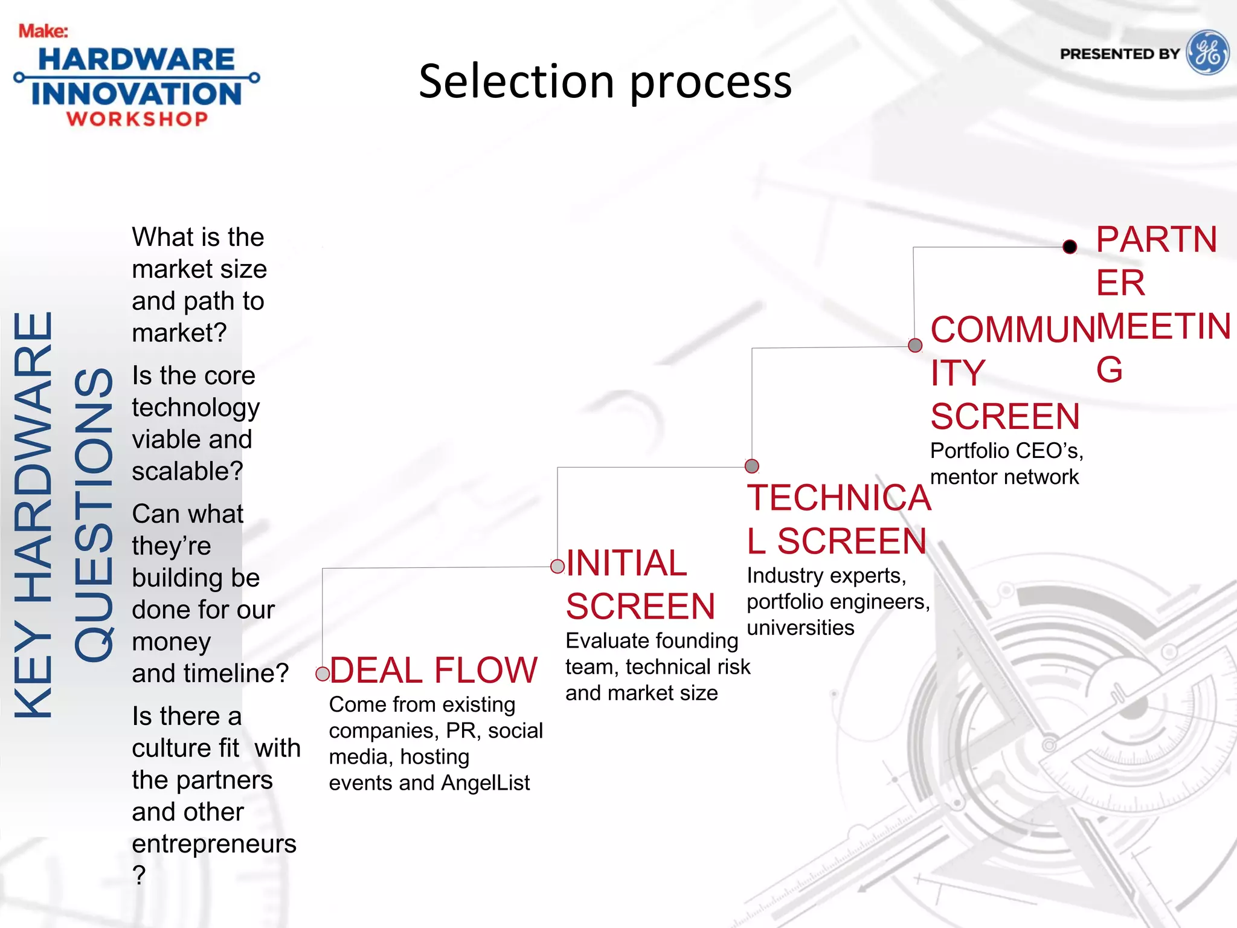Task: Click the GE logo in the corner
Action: pos(1207,53)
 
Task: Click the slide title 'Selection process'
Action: pos(605,82)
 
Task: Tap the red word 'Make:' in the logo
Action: pos(43,31)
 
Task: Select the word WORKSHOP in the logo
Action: pos(138,118)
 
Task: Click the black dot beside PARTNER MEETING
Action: pos(1070,246)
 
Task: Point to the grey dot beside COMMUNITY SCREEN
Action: pos(915,345)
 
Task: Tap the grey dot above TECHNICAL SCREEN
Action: pos(752,466)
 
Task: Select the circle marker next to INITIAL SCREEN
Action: pos(557,566)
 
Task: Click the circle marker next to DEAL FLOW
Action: pos(323,674)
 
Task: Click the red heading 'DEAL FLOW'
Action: pos(433,671)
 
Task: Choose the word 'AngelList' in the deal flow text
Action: pos(485,783)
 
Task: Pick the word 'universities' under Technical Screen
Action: pos(800,628)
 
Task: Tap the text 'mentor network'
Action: pos(1004,477)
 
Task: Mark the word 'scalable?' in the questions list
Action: pos(187,471)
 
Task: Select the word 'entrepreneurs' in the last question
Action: pos(214,843)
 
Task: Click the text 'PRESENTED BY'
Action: pos(1119,54)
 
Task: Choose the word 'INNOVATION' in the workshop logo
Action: pos(137,94)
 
